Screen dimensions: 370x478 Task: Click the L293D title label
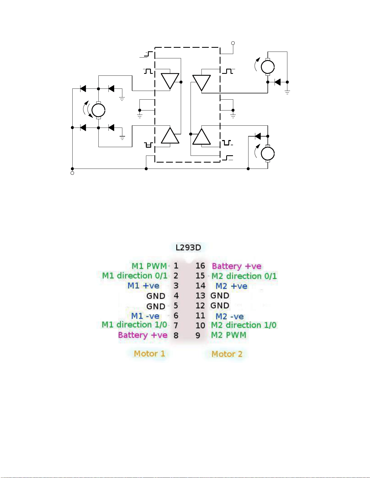click(x=188, y=247)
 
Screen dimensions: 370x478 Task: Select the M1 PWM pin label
click(x=149, y=266)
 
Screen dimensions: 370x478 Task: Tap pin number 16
click(x=200, y=266)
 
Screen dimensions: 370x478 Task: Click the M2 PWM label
click(x=229, y=335)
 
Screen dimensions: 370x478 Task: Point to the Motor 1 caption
click(x=150, y=354)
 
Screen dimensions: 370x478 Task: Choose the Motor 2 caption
click(x=227, y=354)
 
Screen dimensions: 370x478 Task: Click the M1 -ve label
click(x=145, y=316)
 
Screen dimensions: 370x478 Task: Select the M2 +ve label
click(x=231, y=286)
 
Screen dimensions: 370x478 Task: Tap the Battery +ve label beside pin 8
click(x=143, y=335)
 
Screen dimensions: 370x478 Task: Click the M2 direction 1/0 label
click(x=244, y=325)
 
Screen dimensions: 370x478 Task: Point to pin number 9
click(x=198, y=335)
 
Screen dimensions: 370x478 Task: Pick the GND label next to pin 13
click(x=220, y=296)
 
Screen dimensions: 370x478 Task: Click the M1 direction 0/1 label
click(x=135, y=276)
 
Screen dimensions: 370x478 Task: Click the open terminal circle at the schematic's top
click(x=233, y=43)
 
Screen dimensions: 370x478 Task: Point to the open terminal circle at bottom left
click(x=72, y=173)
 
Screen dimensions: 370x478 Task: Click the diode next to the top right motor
click(x=278, y=82)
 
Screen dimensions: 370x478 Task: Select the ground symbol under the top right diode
click(x=287, y=92)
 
